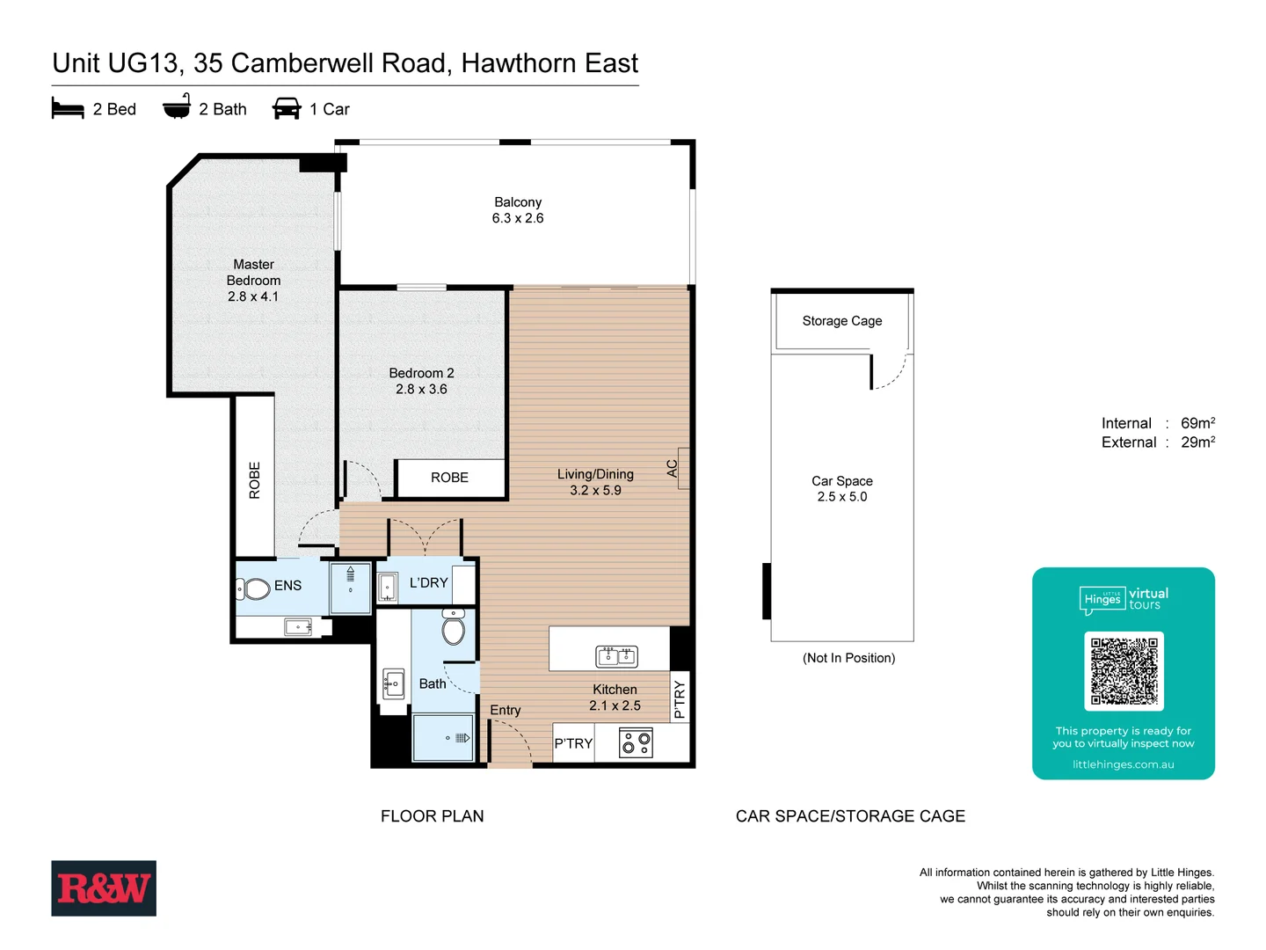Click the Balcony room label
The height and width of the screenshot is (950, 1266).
coord(518,202)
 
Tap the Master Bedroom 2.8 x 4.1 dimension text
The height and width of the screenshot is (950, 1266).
coord(253,296)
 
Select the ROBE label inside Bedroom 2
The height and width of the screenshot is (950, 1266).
coord(449,478)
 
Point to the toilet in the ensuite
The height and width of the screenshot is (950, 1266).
coord(256,588)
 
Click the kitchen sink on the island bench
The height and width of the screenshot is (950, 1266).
coord(616,655)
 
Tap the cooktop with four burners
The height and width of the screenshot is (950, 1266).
coord(636,743)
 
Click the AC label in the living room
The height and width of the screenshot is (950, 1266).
coord(673,469)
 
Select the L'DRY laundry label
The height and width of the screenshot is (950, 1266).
coord(429,582)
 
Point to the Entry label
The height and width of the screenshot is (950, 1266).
coord(506,710)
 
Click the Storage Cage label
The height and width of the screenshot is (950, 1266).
coord(842,321)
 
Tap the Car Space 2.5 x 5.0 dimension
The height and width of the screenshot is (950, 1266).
coord(842,497)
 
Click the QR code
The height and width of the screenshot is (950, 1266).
coord(1124,671)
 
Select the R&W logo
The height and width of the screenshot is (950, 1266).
coord(104,888)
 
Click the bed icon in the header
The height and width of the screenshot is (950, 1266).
coord(68,109)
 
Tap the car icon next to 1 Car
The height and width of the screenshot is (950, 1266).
coord(287,109)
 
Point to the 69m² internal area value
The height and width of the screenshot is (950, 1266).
coord(1197,423)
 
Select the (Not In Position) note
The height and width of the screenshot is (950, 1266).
coord(848,658)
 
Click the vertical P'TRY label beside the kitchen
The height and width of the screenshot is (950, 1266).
coord(679,700)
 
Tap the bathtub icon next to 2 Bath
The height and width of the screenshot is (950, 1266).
coord(177,107)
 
